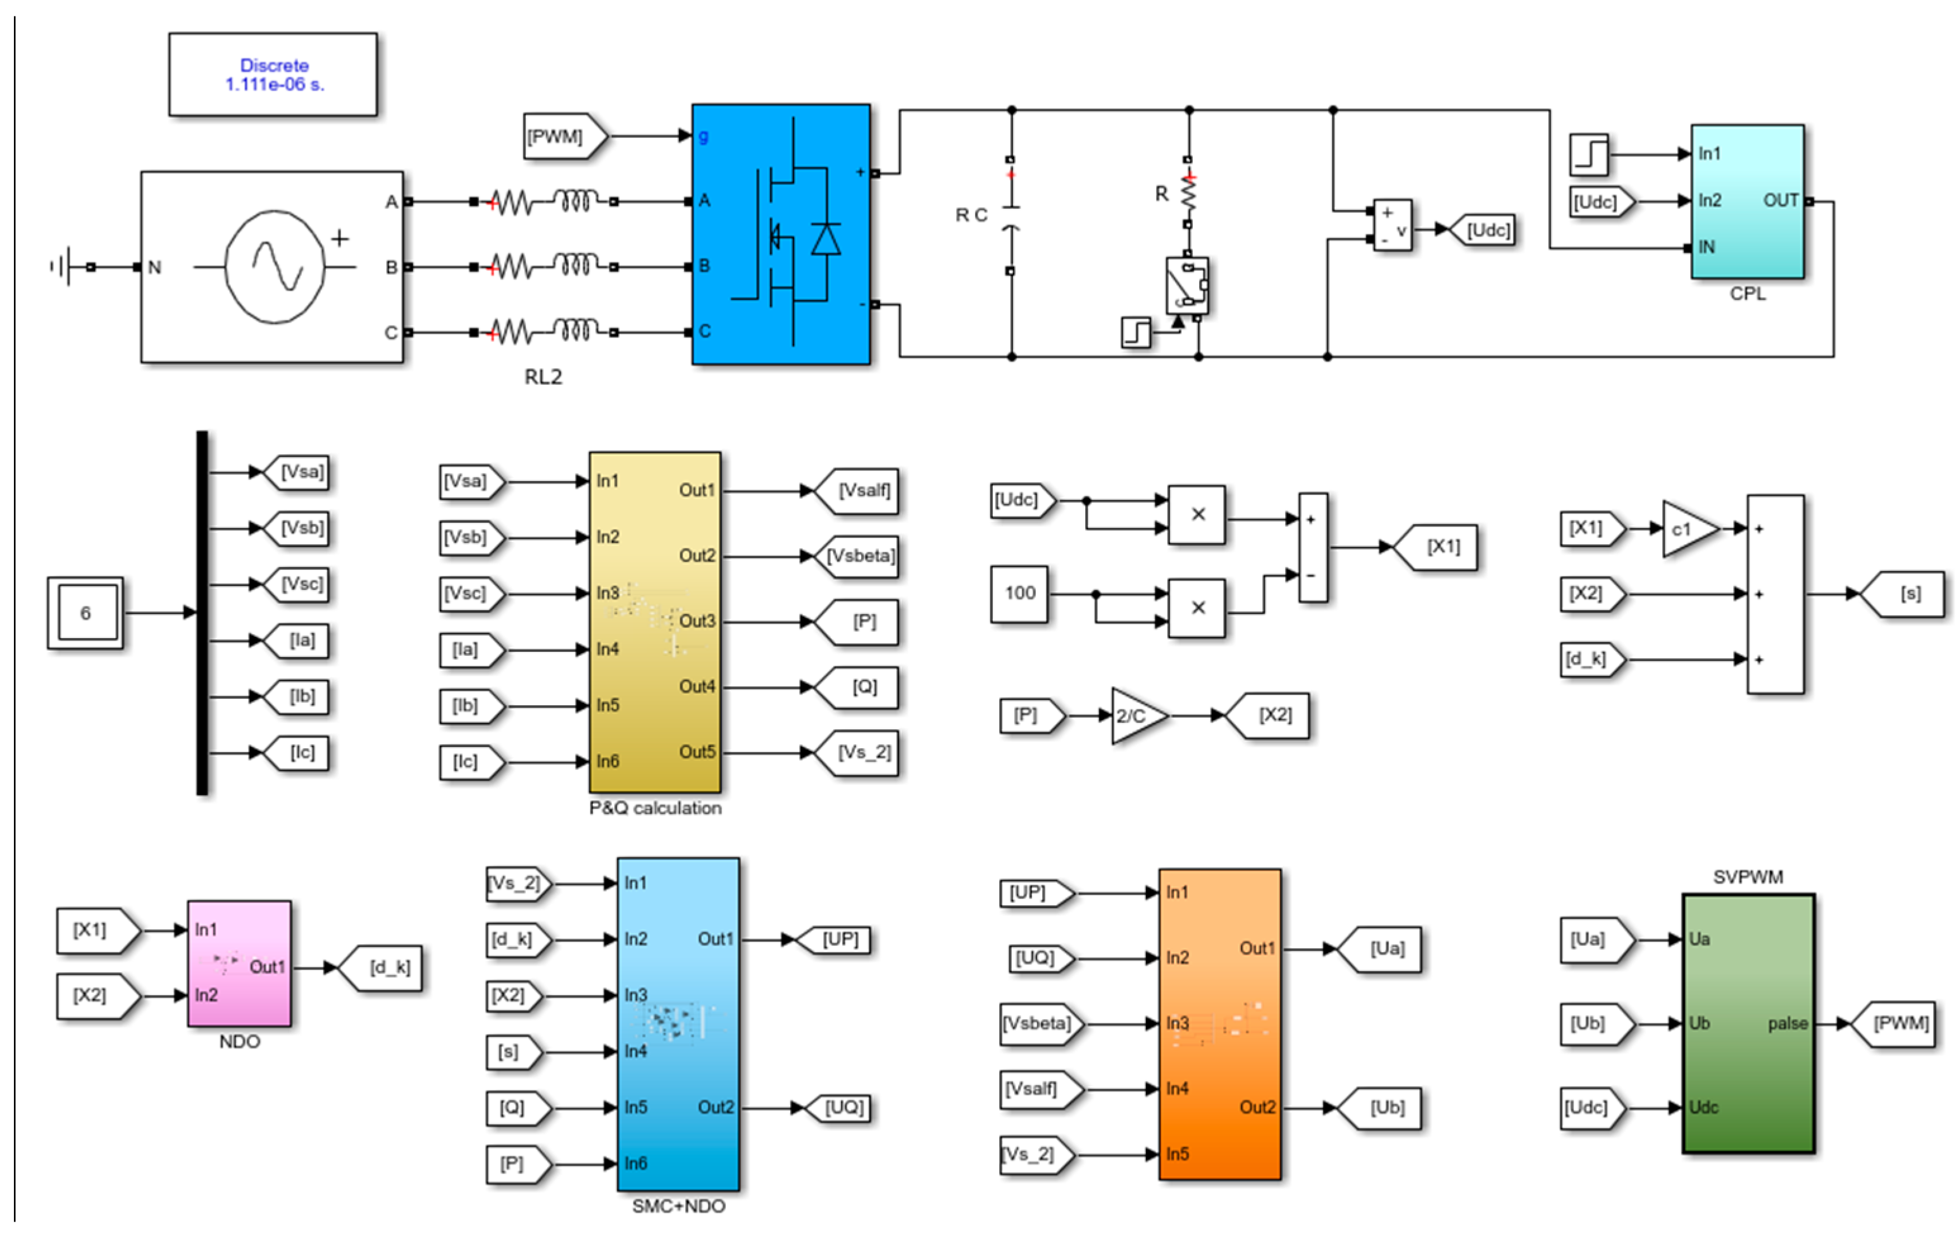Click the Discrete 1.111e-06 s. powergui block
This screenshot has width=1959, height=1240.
[273, 74]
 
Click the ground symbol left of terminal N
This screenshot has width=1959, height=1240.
[66, 266]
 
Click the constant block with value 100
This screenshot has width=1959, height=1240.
[1019, 594]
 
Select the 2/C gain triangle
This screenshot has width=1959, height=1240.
[1136, 716]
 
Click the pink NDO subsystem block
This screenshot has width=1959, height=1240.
[239, 963]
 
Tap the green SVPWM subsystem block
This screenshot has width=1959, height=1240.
[1748, 1024]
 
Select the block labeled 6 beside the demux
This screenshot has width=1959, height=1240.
[85, 613]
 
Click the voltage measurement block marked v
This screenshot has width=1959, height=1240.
[1392, 225]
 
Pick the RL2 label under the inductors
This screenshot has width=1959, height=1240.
[543, 377]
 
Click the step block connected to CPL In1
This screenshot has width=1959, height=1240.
[1589, 154]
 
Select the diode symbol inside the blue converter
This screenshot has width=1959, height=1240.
[826, 239]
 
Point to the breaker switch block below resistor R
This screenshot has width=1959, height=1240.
[1187, 285]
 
